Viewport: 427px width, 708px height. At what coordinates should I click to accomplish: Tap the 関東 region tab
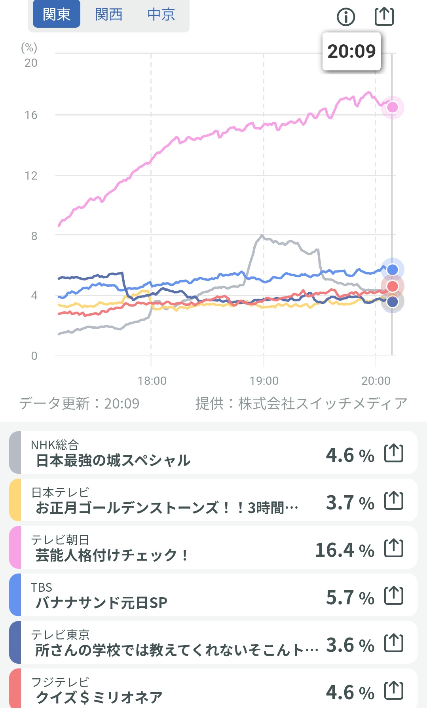[56, 15]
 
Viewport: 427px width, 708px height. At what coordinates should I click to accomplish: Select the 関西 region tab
[108, 15]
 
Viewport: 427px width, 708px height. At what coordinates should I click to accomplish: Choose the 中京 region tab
[161, 15]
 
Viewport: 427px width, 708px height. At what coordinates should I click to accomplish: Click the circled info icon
[346, 17]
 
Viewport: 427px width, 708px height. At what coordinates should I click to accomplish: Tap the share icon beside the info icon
[384, 16]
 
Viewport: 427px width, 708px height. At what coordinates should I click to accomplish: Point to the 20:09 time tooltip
[351, 51]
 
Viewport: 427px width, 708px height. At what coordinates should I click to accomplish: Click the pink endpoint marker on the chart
[392, 107]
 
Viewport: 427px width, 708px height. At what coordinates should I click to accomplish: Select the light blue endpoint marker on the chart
[392, 270]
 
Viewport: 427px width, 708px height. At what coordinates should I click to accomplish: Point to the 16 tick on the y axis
[31, 115]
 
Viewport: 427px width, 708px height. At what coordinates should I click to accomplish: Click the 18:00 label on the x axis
[152, 381]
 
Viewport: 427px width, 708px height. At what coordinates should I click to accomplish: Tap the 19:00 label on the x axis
[264, 381]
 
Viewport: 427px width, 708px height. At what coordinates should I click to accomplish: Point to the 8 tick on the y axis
[34, 236]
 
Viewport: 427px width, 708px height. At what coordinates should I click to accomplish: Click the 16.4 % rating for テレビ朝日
[345, 550]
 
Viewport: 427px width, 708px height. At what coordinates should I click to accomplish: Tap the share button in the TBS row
[394, 595]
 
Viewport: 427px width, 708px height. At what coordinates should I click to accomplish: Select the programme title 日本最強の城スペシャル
[113, 460]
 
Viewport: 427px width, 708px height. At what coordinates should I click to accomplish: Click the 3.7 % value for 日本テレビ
[350, 503]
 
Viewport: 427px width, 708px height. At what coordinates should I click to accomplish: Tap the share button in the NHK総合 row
[394, 453]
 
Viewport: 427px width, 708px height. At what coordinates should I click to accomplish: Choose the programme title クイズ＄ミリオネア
[99, 697]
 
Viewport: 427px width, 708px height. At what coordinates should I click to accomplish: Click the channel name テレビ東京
[61, 634]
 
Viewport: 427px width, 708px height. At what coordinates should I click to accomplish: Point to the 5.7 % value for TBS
[350, 598]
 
